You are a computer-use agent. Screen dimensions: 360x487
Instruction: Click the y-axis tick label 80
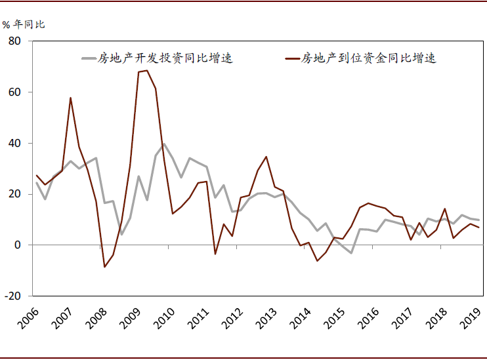[x=15, y=41]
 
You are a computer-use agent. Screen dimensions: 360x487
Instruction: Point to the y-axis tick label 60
[x=15, y=92]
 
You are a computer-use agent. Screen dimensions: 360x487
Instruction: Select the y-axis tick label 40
[x=15, y=143]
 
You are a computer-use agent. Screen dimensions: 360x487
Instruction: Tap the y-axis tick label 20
[x=15, y=194]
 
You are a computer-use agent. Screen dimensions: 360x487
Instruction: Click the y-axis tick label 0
[x=18, y=245]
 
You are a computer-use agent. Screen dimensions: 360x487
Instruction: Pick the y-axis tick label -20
[x=13, y=296]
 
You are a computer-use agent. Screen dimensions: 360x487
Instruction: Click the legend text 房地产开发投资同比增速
[x=165, y=58]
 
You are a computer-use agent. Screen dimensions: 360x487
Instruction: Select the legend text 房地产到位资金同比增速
[x=368, y=58]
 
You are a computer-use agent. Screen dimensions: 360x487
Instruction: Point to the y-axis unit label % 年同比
[x=24, y=24]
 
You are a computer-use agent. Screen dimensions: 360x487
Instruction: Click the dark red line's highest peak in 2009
[x=146, y=70]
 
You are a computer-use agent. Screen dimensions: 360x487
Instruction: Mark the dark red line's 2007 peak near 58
[x=70, y=98]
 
